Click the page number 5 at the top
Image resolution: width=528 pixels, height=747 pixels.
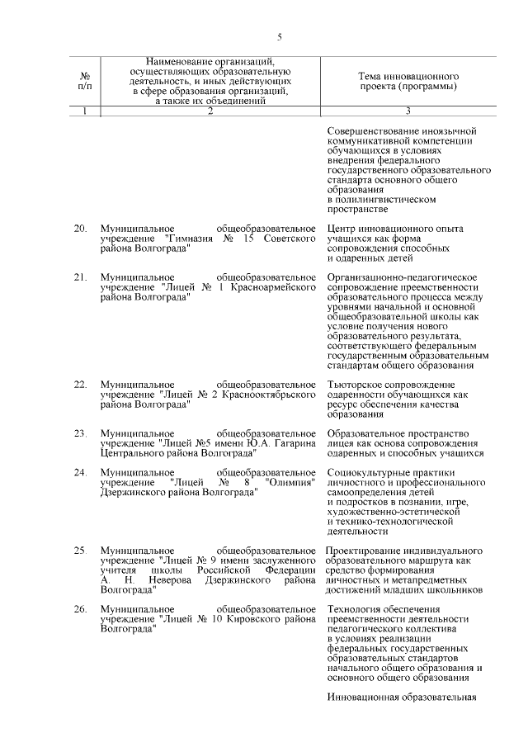pyautogui.click(x=280, y=37)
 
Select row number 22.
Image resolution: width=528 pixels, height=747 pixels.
pyautogui.click(x=80, y=385)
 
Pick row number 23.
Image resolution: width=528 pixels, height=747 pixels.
pyautogui.click(x=80, y=433)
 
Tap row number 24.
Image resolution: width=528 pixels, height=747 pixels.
pyautogui.click(x=80, y=472)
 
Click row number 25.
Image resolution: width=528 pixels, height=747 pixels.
pyautogui.click(x=80, y=550)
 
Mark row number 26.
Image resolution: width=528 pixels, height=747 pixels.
pyautogui.click(x=80, y=609)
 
